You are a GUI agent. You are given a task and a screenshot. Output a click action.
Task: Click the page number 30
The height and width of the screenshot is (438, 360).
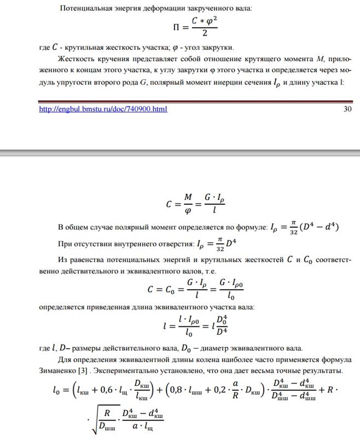tap(347, 109)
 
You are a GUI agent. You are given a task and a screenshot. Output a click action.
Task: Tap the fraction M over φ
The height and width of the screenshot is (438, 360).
tap(188, 205)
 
